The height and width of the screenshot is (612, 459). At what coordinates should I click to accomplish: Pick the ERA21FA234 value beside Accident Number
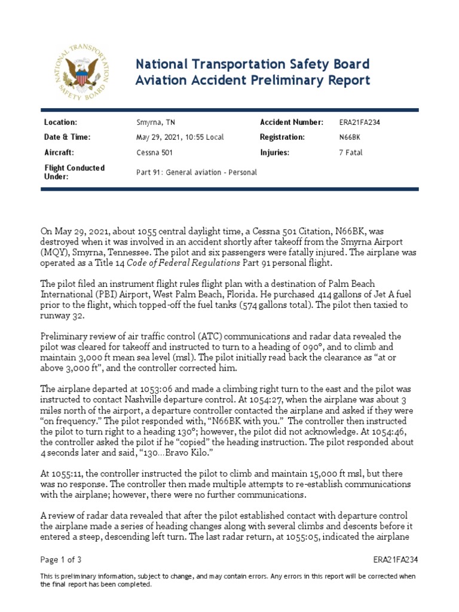(x=359, y=123)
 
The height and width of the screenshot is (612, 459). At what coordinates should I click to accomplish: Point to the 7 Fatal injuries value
(x=350, y=152)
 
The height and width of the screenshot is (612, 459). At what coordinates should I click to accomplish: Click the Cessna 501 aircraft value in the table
(x=155, y=152)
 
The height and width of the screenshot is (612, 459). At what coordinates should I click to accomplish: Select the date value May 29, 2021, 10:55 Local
(x=180, y=137)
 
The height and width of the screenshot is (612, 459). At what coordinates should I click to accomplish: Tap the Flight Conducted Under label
(x=75, y=172)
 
